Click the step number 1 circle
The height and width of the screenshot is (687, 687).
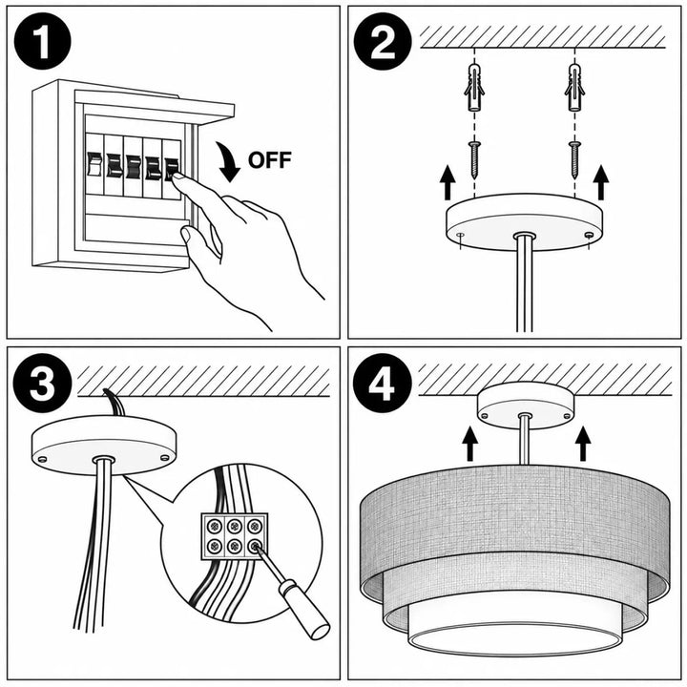(43, 41)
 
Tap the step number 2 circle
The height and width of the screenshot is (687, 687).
(383, 41)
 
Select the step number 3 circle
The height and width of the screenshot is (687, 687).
(43, 383)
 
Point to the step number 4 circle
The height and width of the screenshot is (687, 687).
(382, 383)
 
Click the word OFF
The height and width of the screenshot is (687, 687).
(270, 160)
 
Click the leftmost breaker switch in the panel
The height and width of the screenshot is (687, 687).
(94, 164)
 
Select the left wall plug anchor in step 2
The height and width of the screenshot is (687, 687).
(474, 87)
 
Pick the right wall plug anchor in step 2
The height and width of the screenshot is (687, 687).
(574, 87)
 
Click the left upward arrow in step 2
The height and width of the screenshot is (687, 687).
(448, 182)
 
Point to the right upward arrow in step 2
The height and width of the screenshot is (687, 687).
(601, 182)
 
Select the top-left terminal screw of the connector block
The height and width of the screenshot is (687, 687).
(215, 526)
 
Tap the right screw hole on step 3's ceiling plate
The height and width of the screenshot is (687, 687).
(165, 458)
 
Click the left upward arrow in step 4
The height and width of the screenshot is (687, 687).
(470, 444)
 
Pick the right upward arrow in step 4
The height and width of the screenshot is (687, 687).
(583, 444)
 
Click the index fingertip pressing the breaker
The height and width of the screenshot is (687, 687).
(177, 177)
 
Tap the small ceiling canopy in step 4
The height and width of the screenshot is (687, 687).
(526, 406)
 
